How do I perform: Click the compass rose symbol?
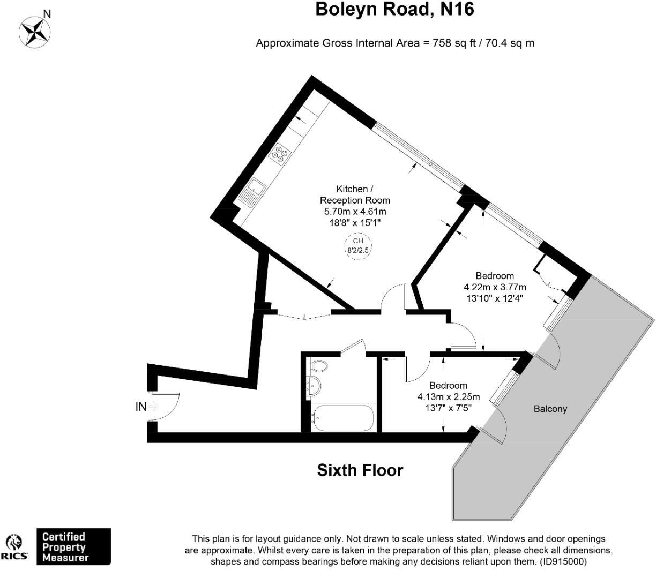pyautogui.click(x=34, y=31)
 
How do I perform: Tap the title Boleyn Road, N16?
pyautogui.click(x=394, y=10)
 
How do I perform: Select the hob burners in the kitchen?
pyautogui.click(x=280, y=153)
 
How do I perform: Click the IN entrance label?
pyautogui.click(x=140, y=407)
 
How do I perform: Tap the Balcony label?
pyautogui.click(x=550, y=409)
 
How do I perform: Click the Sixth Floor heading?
pyautogui.click(x=360, y=470)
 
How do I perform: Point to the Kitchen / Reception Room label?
pyautogui.click(x=355, y=194)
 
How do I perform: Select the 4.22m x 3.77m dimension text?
pyautogui.click(x=495, y=287)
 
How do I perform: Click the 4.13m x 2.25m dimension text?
pyautogui.click(x=449, y=397)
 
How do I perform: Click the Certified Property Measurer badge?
pyautogui.click(x=73, y=547)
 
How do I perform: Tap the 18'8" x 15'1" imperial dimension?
pyautogui.click(x=355, y=222)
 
